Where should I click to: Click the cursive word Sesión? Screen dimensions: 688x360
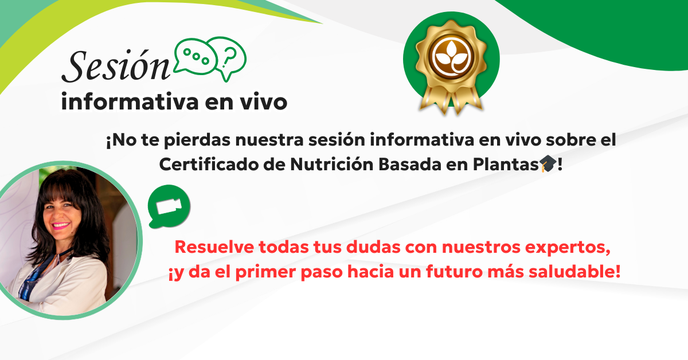(x=116, y=65)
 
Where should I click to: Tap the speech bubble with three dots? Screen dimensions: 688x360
(x=196, y=57)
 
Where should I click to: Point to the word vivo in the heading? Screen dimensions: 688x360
(x=264, y=102)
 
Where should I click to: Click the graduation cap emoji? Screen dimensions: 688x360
(x=548, y=163)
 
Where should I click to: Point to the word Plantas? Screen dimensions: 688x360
(x=506, y=165)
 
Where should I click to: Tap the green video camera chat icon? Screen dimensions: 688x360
(x=169, y=206)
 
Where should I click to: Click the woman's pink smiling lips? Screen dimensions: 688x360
(x=61, y=226)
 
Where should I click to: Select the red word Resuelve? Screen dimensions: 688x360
(x=214, y=247)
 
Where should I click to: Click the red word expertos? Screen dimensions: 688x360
(x=568, y=248)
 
